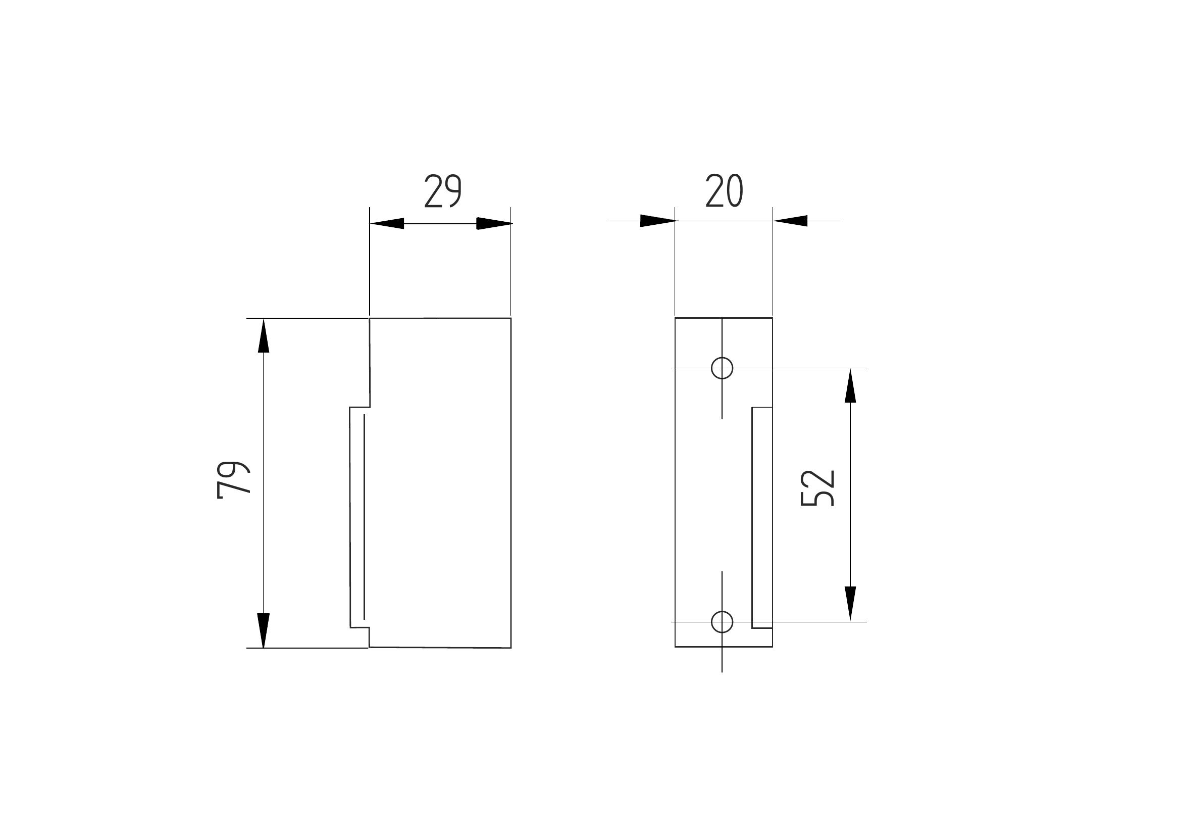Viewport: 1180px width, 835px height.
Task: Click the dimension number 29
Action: (x=442, y=191)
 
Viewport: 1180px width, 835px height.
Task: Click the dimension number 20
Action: (x=724, y=190)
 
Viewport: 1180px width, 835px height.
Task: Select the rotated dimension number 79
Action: (x=233, y=480)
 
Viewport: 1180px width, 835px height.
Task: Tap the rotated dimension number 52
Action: (x=817, y=488)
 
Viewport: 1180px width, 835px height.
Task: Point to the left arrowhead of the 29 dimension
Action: (x=387, y=224)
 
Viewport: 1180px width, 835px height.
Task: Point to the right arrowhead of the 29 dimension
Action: (x=494, y=224)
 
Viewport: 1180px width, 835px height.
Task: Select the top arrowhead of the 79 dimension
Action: (x=264, y=336)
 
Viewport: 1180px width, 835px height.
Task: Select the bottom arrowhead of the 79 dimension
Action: (x=264, y=630)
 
